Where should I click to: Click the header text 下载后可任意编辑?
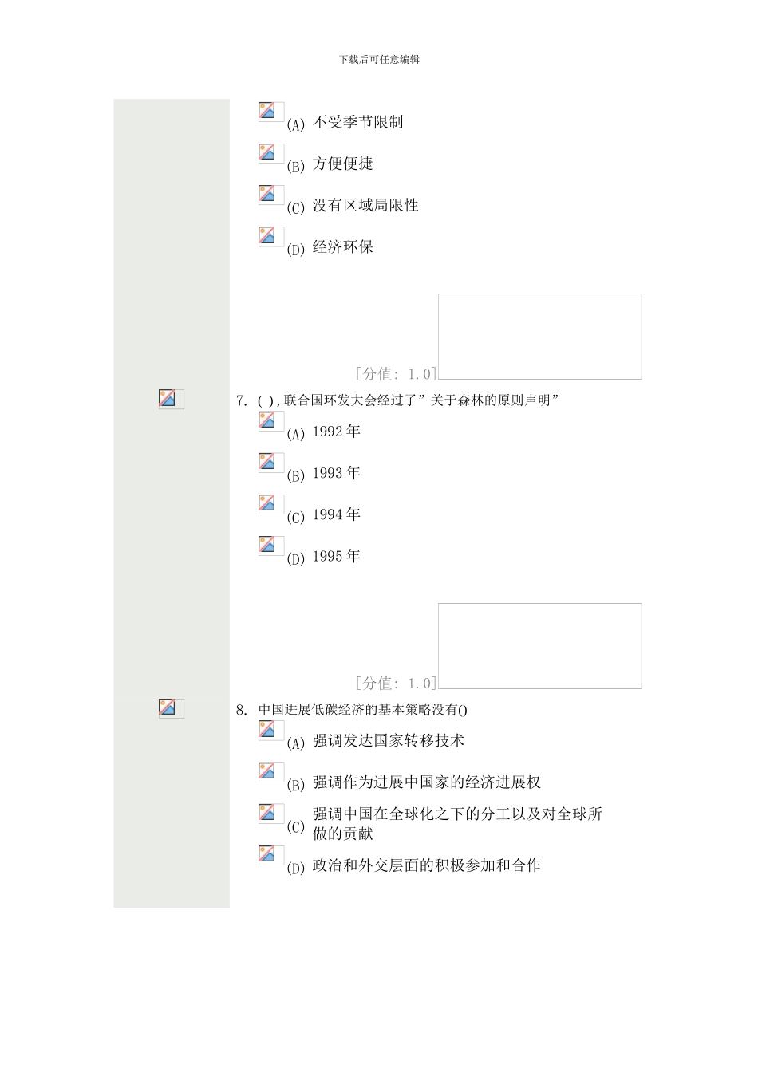[379, 60]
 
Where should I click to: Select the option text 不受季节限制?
[357, 123]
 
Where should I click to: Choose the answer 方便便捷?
[342, 164]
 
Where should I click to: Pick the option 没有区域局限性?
[365, 206]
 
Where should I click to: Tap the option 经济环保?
[342, 247]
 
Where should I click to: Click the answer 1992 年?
[336, 432]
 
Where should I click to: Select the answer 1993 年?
[336, 474]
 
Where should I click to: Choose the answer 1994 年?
[336, 515]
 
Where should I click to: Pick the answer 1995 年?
[336, 557]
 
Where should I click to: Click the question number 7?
[241, 400]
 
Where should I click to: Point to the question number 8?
[241, 710]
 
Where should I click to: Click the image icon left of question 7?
[171, 399]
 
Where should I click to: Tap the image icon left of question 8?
[171, 708]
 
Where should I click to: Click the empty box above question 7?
[539, 337]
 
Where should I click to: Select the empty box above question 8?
[539, 646]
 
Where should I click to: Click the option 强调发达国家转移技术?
[388, 741]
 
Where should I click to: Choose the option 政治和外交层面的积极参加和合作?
[426, 865]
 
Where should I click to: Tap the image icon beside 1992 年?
[270, 421]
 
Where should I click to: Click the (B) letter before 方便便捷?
[295, 167]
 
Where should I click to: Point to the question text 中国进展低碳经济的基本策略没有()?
[362, 710]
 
